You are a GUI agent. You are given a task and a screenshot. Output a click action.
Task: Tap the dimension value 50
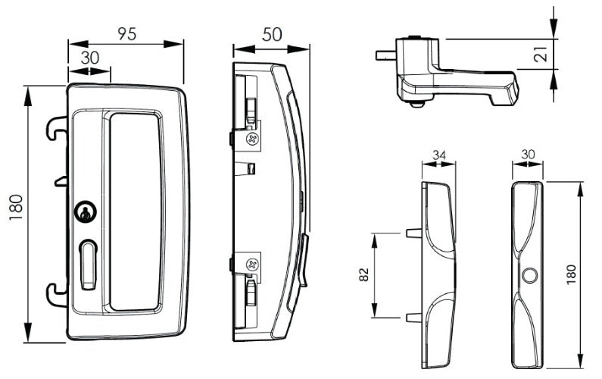271,34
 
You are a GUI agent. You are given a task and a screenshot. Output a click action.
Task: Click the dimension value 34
438,156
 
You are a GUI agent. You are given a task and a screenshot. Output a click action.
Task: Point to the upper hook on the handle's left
56,127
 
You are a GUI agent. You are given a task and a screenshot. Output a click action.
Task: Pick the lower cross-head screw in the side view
253,265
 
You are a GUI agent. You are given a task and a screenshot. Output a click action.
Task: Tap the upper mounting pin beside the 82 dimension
412,233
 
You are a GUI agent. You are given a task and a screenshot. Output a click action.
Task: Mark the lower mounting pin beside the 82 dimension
412,318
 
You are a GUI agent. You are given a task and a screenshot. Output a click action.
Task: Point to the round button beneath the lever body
418,105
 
